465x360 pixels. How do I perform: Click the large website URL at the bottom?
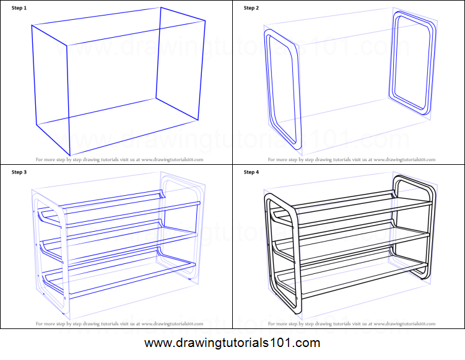(232, 343)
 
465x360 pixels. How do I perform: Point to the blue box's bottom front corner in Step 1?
(69, 154)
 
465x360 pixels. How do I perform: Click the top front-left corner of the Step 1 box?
(66, 45)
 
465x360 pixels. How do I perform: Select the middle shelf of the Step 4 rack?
(359, 238)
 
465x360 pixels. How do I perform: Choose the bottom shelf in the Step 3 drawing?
(124, 274)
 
